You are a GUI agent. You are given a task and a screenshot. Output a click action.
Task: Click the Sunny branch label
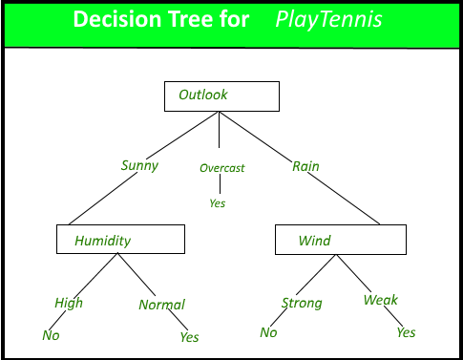[139, 166]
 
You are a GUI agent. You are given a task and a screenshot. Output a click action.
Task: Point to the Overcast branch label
[222, 168]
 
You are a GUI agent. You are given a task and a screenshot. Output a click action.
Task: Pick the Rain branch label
[305, 166]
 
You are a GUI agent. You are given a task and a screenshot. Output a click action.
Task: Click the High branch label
[69, 303]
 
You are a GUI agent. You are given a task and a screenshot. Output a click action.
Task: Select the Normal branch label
[161, 305]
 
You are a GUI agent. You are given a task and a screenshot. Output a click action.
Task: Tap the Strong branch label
[302, 303]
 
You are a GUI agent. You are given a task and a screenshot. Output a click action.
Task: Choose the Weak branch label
[381, 300]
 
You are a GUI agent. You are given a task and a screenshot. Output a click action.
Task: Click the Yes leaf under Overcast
[218, 203]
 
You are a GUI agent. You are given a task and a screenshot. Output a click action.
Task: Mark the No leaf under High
[51, 335]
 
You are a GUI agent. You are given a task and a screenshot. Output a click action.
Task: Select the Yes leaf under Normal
[189, 337]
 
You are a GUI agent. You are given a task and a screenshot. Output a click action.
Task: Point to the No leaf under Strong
[268, 332]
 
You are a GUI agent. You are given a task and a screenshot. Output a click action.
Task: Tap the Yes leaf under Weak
[406, 332]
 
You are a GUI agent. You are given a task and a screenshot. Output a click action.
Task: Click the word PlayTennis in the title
[328, 20]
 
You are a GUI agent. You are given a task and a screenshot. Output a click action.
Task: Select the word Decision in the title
[117, 19]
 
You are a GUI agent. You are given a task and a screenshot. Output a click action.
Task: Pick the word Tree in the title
[191, 19]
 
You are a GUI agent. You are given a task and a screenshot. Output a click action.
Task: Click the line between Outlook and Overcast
[219, 130]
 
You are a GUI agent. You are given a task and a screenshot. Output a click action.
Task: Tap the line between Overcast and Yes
[220, 184]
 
